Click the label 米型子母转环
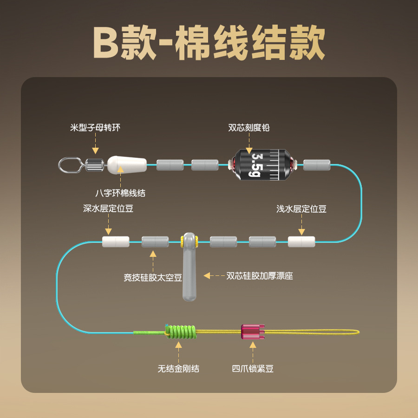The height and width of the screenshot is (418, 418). [x=95, y=127]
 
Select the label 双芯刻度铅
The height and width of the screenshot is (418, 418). [x=249, y=127]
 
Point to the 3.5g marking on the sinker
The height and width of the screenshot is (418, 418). [x=256, y=164]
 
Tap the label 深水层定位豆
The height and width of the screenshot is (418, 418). [x=108, y=209]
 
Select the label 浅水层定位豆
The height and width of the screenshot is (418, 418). [x=301, y=209]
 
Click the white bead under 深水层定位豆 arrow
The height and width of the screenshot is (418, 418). [x=116, y=242]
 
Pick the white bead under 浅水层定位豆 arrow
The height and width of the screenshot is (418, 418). [x=301, y=242]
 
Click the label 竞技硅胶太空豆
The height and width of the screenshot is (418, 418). [x=153, y=278]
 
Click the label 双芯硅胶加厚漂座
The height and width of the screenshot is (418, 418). [x=260, y=275]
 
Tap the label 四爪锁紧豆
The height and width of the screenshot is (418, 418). [x=253, y=369]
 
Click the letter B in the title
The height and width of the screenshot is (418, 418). [x=107, y=43]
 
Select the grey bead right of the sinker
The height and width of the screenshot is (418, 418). [x=317, y=164]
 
